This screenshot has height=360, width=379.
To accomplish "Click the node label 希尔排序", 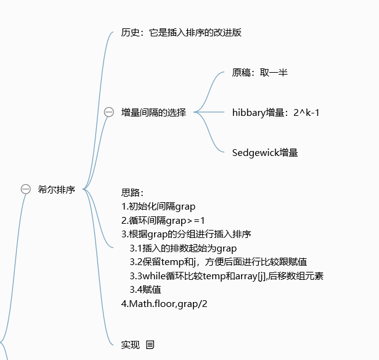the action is [x=57, y=189].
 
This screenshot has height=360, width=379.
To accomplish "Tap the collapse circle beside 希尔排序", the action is [x=26, y=189].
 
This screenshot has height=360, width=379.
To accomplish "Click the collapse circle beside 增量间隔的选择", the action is [x=109, y=112].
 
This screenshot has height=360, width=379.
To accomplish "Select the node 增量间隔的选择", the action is [x=153, y=112].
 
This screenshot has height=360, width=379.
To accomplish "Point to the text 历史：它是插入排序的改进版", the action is [x=181, y=32].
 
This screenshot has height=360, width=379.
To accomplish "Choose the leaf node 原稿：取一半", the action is [x=259, y=72].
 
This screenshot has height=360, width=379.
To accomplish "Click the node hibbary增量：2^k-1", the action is [x=275, y=112].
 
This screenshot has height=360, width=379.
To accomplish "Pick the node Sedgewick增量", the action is [x=265, y=152].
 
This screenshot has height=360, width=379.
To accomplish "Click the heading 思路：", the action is [x=132, y=193].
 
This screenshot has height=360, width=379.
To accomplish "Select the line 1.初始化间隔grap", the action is [x=158, y=207].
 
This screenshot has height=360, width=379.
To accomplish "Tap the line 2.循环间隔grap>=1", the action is [x=163, y=220].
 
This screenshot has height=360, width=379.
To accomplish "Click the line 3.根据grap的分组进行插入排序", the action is [x=186, y=234].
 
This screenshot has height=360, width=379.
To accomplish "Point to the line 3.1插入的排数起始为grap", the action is [x=183, y=248].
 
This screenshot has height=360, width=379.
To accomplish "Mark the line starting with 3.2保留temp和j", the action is [x=218, y=261].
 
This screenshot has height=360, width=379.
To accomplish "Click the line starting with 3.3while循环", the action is [x=226, y=275].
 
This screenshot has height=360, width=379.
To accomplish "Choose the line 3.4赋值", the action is [x=145, y=288].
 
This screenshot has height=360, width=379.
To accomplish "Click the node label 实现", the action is [x=131, y=345].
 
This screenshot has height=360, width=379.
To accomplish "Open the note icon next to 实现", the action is [x=150, y=345].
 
